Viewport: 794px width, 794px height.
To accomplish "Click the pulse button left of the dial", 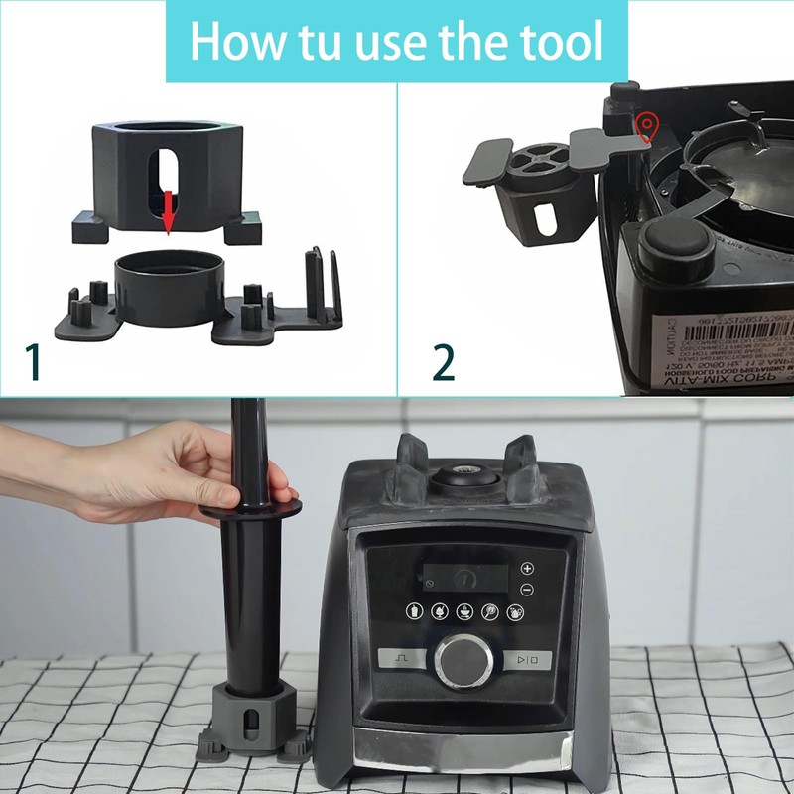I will [402, 658].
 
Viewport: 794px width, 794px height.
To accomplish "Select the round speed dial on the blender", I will [464, 661].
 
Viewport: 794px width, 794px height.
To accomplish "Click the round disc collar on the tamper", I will [247, 505].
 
